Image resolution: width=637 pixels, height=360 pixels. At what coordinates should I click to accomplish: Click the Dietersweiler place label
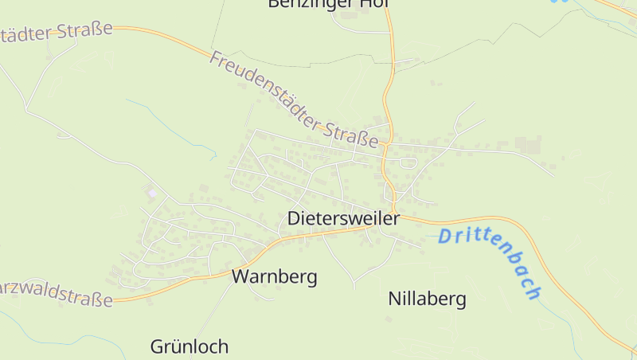coord(342,217)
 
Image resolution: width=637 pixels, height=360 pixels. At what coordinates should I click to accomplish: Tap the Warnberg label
coord(274,277)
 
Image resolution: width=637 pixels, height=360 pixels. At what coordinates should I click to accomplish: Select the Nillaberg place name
coord(427,299)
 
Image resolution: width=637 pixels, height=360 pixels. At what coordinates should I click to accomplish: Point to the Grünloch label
coord(190,346)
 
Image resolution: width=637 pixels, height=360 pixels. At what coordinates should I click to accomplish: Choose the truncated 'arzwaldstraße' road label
coord(56,293)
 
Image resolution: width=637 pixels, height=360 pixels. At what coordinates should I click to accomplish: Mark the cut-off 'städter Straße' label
coord(56,32)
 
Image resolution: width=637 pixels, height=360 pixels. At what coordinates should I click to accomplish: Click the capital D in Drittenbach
coord(444,236)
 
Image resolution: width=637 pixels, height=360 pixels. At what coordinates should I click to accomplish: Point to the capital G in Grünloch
coord(158,346)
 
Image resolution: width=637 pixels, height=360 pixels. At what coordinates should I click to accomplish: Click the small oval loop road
coord(407,163)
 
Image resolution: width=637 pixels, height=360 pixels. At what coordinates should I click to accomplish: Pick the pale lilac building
coord(151,193)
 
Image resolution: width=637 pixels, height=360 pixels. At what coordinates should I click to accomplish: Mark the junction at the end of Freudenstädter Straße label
coord(385,147)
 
